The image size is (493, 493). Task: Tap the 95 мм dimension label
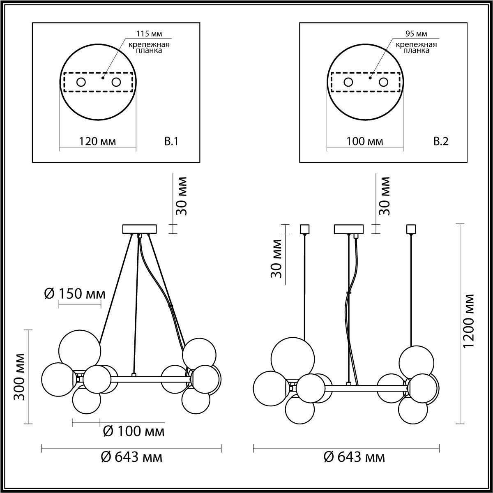tap(415, 34)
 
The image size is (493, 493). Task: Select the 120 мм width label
tap(97, 142)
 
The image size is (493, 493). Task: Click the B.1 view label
tap(171, 142)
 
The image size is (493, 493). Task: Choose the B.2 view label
tap(441, 142)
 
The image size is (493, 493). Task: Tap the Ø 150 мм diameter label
tap(74, 294)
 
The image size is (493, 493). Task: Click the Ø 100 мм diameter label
tap(133, 431)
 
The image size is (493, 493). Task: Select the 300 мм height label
tap(20, 376)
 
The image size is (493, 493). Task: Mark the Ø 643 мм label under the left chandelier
tap(131, 457)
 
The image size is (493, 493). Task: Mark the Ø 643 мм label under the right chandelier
tap(355, 457)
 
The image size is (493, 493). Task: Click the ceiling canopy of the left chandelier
tap(140, 228)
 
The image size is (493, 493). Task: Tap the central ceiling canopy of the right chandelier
tap(349, 228)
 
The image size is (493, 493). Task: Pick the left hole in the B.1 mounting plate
tap(81, 82)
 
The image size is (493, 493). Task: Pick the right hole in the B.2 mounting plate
tap(383, 82)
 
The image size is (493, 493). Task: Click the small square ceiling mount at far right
tap(411, 228)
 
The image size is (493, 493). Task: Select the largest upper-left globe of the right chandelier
tap(293, 357)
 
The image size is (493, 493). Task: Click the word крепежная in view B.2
tap(416, 44)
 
